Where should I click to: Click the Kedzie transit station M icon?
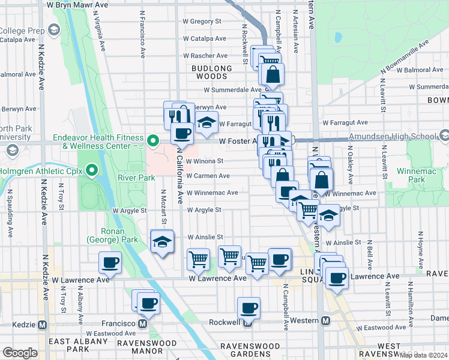pos(42,325)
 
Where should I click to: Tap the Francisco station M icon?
pos(142,323)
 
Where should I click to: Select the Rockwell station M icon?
pos(247,322)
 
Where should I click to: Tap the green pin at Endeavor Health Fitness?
pos(152,142)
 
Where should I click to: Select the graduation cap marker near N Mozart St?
pos(162,241)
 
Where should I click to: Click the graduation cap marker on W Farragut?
pos(206,122)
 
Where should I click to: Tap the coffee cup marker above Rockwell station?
pos(249,308)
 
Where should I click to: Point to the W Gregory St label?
pos(202,21)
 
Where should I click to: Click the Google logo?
pos(20,353)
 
